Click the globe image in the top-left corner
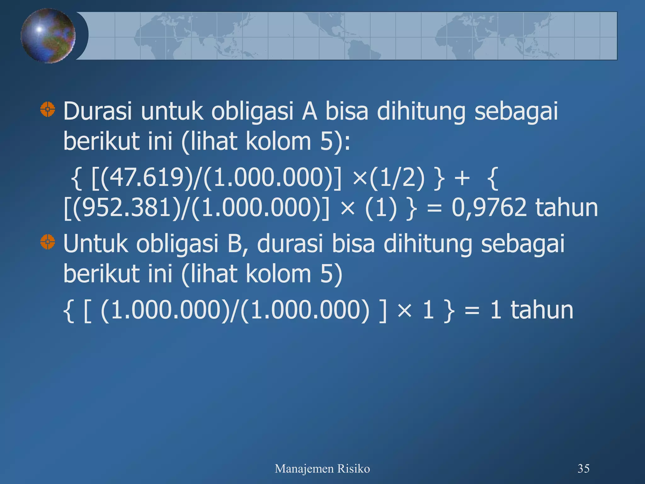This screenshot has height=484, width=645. tap(48, 36)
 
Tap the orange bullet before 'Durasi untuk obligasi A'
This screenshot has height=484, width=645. tap(48, 109)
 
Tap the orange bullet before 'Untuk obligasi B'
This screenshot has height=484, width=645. tap(48, 242)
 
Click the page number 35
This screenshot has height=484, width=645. tap(583, 469)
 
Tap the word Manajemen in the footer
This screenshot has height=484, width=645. tap(304, 469)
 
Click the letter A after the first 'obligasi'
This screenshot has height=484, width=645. tap(309, 111)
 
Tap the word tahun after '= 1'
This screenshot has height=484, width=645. tap(542, 310)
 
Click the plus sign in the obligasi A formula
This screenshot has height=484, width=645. tap(462, 178)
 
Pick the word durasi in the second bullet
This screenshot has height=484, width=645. tap(290, 244)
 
